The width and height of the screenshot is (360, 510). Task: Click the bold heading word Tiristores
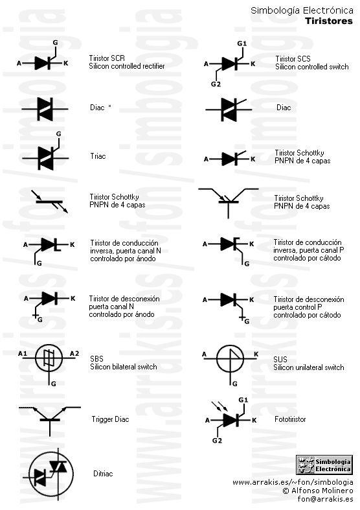click(x=329, y=21)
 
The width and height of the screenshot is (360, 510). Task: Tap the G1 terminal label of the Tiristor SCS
click(x=242, y=43)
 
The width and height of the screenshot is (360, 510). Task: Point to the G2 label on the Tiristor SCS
click(x=216, y=84)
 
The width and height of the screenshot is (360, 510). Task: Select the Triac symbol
click(x=45, y=153)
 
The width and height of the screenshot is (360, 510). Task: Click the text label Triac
click(x=98, y=156)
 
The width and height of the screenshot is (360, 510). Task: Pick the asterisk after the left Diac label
click(x=110, y=106)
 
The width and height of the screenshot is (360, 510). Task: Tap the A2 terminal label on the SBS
click(x=74, y=354)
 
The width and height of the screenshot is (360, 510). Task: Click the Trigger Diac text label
click(x=111, y=419)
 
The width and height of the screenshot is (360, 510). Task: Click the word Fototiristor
click(x=290, y=419)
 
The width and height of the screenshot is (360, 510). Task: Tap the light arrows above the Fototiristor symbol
click(x=219, y=406)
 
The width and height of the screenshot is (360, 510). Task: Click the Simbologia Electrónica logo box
click(x=324, y=465)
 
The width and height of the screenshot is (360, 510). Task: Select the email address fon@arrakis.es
click(x=325, y=499)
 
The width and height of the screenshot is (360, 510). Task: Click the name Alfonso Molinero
click(x=322, y=491)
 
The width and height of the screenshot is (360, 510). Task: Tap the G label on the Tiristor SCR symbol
click(x=55, y=43)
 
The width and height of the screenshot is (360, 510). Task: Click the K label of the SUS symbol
click(x=256, y=354)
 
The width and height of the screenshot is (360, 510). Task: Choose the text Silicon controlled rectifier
click(x=127, y=66)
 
